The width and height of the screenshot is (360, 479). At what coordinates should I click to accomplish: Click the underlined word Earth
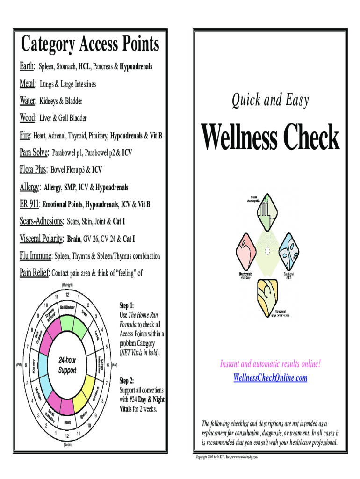coord(27,67)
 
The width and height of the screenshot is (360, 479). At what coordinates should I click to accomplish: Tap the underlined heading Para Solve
coord(34,152)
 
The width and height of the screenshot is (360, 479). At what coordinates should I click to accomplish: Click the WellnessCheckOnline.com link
coord(270,377)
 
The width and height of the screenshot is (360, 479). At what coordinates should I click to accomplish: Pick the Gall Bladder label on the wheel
coord(68,307)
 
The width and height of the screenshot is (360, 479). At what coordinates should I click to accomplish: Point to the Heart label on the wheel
coord(67,422)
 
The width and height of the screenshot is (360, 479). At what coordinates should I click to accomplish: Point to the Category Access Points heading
coord(90,45)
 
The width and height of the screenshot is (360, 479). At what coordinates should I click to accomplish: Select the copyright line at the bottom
coord(233,457)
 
